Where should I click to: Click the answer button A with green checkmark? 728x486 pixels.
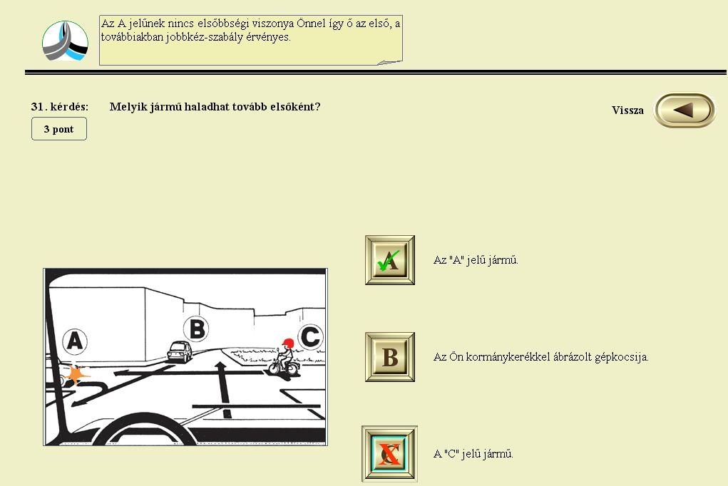[x=390, y=260]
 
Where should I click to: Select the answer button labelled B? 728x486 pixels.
[x=390, y=357]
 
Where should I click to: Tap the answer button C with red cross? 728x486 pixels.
[x=389, y=453]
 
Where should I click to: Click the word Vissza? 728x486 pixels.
[x=627, y=110]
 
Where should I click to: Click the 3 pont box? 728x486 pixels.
[x=59, y=128]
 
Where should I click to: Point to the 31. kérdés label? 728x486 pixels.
[x=59, y=107]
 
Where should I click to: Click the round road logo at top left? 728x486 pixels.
[x=65, y=41]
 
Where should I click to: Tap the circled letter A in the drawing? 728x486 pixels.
[x=75, y=341]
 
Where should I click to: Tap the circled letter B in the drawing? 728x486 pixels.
[x=197, y=329]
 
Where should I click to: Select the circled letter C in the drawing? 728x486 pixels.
[x=309, y=337]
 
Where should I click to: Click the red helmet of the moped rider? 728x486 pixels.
[x=288, y=343]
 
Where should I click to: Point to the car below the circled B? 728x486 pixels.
[x=179, y=352]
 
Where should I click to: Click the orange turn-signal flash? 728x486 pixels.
[x=76, y=374]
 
